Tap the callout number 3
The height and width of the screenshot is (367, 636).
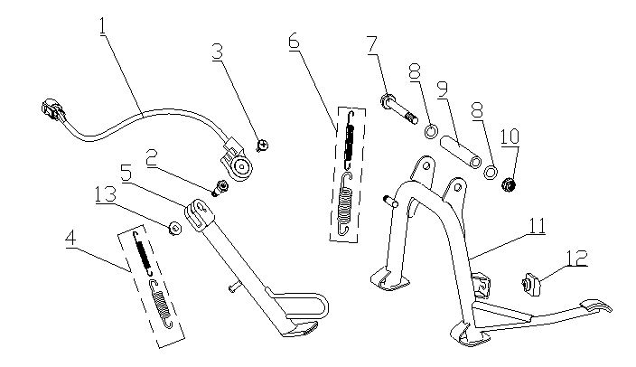(x=217, y=52)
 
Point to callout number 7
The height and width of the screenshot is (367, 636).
(x=371, y=43)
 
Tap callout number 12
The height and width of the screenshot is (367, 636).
(x=575, y=259)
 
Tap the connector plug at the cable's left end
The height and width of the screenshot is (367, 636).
(x=51, y=113)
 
